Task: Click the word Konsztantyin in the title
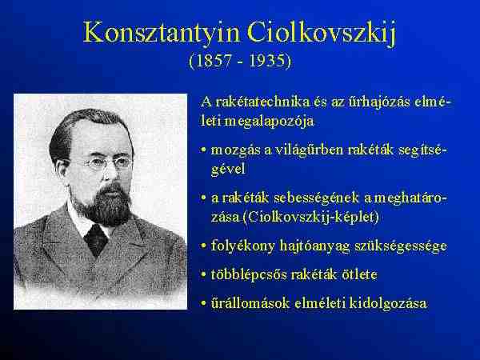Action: [x=162, y=33]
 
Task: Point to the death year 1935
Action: [x=266, y=60]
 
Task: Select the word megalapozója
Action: [x=269, y=122]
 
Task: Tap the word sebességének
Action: [x=316, y=198]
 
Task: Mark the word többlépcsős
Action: [x=248, y=274]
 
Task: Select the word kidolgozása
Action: [x=388, y=304]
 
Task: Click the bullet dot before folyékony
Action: [x=203, y=246]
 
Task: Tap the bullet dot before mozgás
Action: [x=203, y=150]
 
